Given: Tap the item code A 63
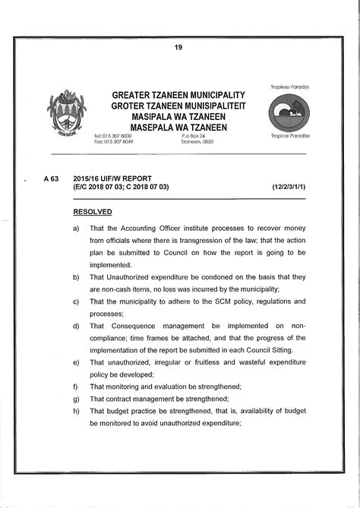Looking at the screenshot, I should [51, 178].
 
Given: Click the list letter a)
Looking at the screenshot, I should [76, 228].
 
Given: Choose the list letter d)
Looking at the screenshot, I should [76, 326].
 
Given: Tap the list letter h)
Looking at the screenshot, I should [76, 411].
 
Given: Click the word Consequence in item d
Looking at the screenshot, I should [130, 326].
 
